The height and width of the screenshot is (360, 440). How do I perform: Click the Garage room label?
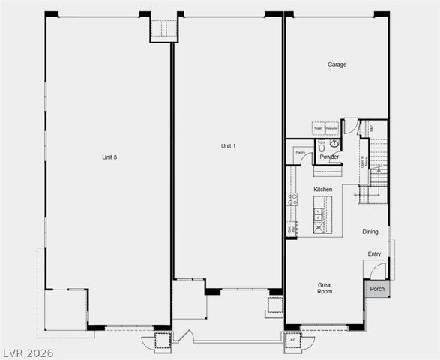coord(337,64)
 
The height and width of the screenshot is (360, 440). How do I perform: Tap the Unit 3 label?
coord(109,157)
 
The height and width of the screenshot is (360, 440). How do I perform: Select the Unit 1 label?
coord(228,145)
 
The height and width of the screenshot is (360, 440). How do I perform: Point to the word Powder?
coord(329,157)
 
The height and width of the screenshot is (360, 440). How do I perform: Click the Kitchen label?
coord(323,190)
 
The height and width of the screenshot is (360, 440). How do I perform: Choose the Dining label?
coord(370,232)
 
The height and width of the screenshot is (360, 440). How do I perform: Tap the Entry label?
coord(374,254)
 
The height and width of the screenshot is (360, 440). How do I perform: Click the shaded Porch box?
coord(376,289)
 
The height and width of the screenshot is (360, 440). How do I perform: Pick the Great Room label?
coord(325,288)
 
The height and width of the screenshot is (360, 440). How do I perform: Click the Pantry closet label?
coord(300,152)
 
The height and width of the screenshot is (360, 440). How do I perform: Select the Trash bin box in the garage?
coord(318,129)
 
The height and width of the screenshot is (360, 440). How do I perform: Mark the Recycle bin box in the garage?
coord(331,129)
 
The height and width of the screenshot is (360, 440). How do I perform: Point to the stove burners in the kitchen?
coord(292,199)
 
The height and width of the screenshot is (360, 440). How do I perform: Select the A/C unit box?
coord(292,340)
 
